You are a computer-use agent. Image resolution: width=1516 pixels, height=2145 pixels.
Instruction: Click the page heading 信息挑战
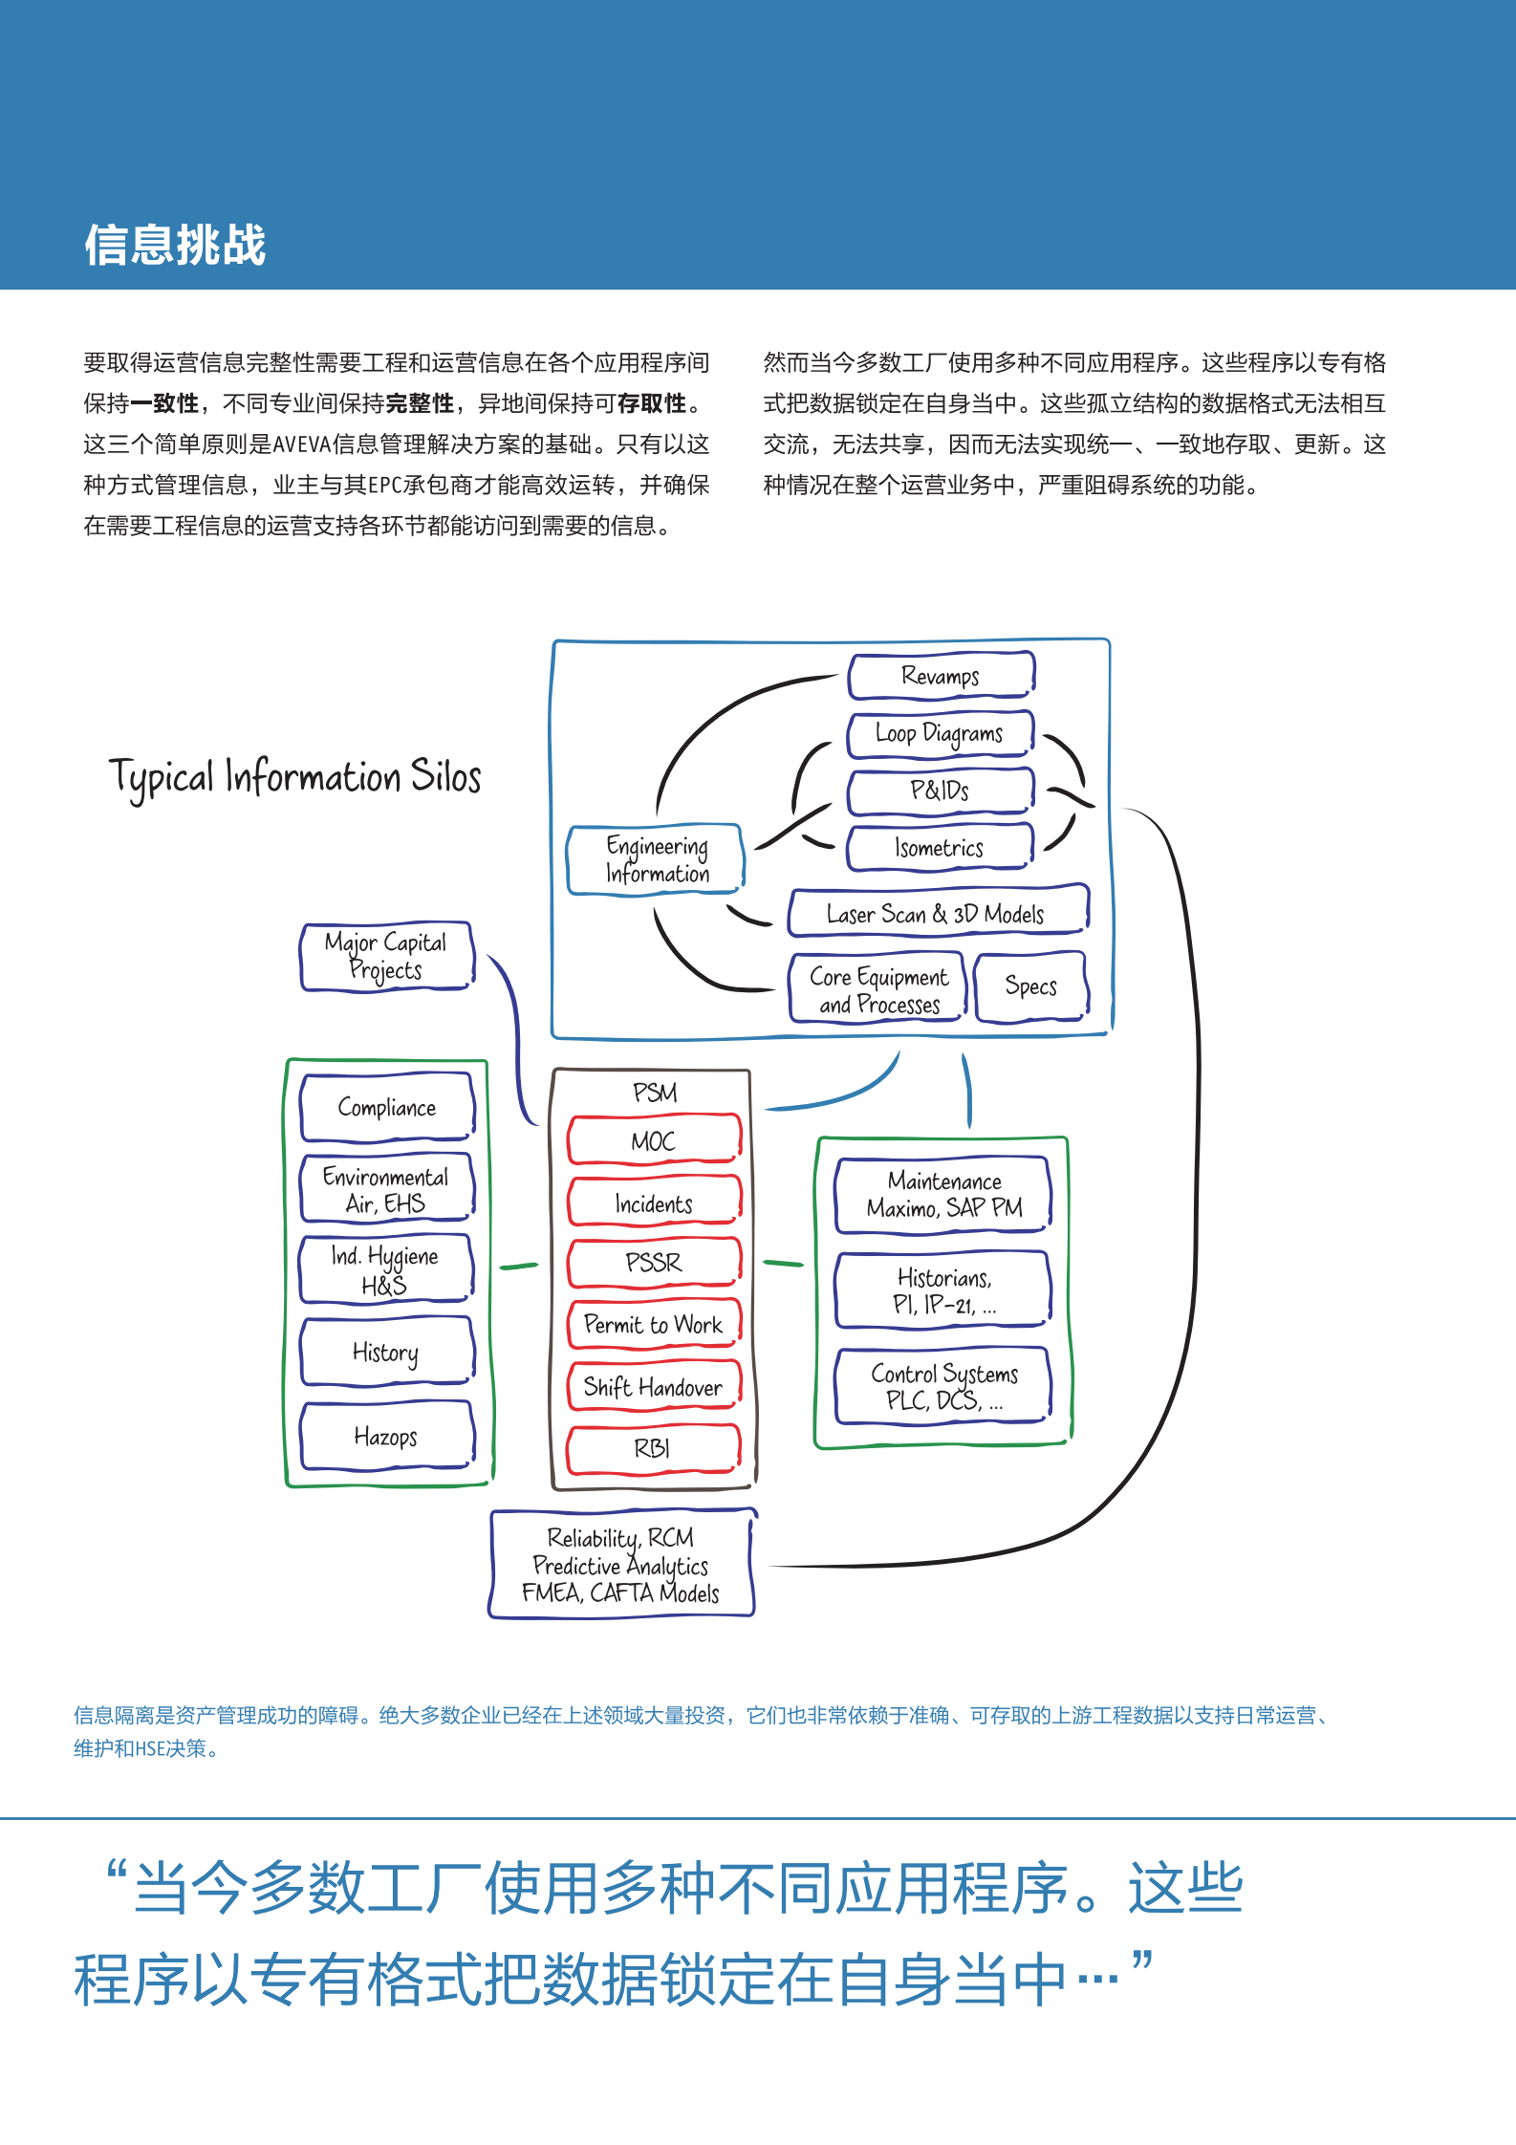click(175, 245)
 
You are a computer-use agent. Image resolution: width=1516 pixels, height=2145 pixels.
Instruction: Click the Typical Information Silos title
click(294, 777)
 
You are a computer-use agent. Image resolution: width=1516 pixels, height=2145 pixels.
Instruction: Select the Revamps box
click(941, 676)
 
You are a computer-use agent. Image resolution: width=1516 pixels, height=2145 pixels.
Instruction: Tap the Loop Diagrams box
click(940, 734)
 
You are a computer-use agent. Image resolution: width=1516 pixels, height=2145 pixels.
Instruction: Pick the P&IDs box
click(940, 791)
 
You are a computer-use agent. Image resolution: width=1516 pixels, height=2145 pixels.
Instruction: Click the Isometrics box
click(940, 847)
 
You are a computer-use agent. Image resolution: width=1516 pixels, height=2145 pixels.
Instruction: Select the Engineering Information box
click(656, 859)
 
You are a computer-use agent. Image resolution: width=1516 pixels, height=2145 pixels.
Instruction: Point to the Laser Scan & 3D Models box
click(938, 913)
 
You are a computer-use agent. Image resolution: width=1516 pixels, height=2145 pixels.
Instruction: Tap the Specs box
click(1030, 986)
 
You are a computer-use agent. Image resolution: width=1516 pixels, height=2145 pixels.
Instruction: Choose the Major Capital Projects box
click(386, 956)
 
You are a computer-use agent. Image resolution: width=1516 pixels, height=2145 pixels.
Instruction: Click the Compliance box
click(387, 1107)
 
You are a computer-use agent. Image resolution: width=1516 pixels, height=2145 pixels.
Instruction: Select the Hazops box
click(387, 1436)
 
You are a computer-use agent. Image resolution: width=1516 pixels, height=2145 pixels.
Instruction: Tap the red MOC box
click(654, 1140)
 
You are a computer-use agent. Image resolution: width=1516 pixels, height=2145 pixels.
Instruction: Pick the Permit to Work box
click(654, 1324)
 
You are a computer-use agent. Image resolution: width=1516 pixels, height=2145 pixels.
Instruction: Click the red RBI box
click(654, 1448)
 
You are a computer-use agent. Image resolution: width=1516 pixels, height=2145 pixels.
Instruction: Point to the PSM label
click(655, 1092)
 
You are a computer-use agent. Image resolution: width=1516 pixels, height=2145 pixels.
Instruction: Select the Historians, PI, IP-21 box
click(943, 1290)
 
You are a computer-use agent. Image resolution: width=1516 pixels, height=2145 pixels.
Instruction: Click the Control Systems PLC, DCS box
click(943, 1386)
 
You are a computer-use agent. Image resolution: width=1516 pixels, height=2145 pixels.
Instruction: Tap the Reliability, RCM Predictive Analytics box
click(621, 1565)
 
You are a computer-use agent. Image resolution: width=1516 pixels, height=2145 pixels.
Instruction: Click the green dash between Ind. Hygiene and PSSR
click(519, 1266)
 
